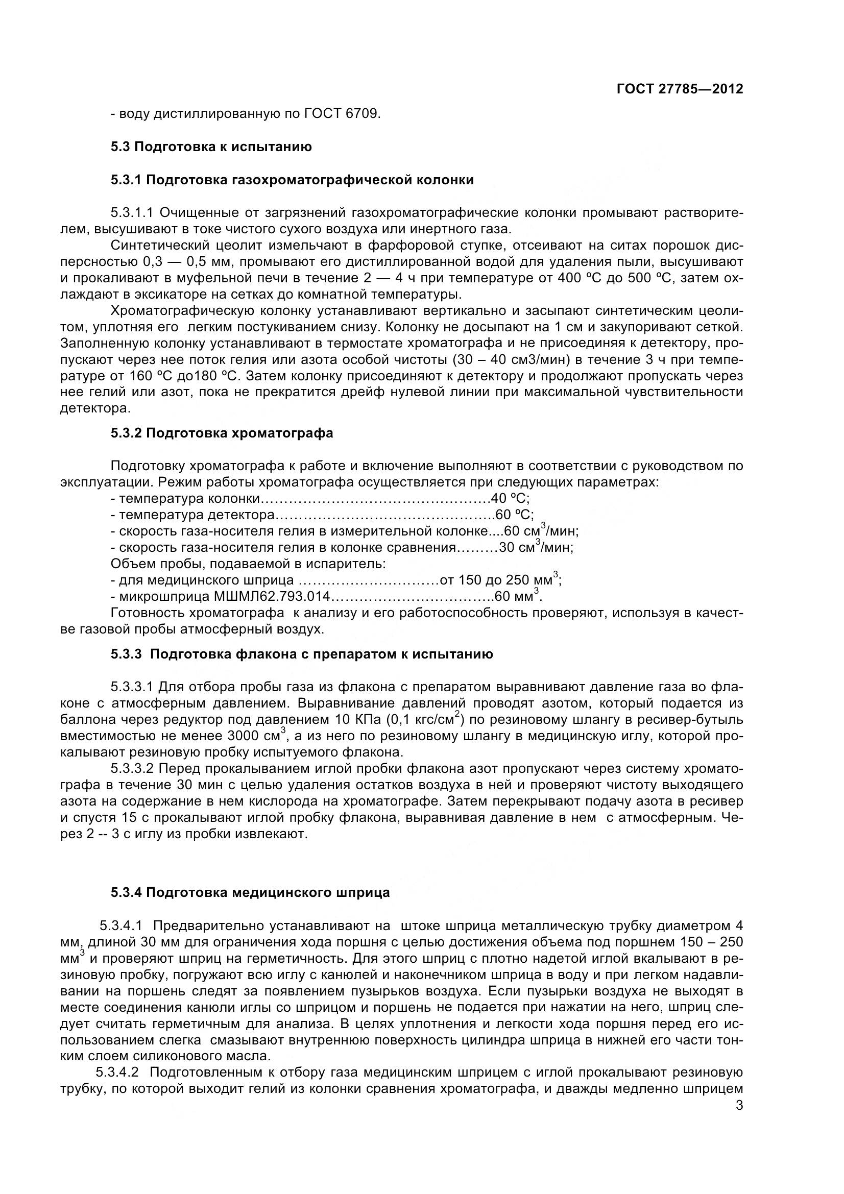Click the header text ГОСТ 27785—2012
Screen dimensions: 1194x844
(679, 89)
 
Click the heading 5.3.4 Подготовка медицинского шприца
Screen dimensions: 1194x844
(250, 893)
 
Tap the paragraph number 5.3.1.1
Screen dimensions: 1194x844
(132, 213)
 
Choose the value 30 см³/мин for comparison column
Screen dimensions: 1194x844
(536, 548)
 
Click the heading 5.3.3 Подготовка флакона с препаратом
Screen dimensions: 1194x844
(302, 654)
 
